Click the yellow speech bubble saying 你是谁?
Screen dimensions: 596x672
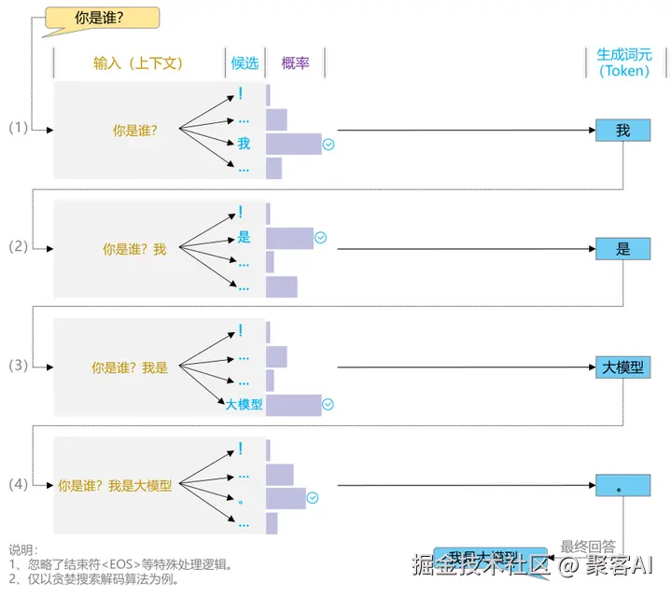(x=102, y=17)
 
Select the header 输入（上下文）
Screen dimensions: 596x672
(x=138, y=63)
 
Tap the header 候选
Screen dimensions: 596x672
(x=245, y=63)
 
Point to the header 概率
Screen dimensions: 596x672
(x=295, y=63)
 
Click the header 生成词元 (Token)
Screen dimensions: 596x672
(x=623, y=62)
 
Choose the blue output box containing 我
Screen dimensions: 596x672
(x=623, y=131)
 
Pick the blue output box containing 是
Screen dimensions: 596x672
(x=623, y=249)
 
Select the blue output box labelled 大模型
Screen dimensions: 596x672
(x=623, y=367)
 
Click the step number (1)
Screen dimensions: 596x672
(x=19, y=129)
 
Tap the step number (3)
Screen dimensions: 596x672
(x=19, y=366)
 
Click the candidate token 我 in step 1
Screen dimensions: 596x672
(x=244, y=144)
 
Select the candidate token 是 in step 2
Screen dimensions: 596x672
(x=244, y=237)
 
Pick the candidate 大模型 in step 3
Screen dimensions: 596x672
(x=245, y=405)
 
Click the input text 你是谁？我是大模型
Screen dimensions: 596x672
(x=115, y=486)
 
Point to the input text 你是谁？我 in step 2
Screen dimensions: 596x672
(x=134, y=250)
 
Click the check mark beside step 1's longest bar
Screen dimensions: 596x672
(x=329, y=145)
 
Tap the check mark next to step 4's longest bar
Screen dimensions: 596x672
(x=313, y=498)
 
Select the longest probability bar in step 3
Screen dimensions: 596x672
(x=293, y=405)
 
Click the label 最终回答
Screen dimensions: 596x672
(x=587, y=547)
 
